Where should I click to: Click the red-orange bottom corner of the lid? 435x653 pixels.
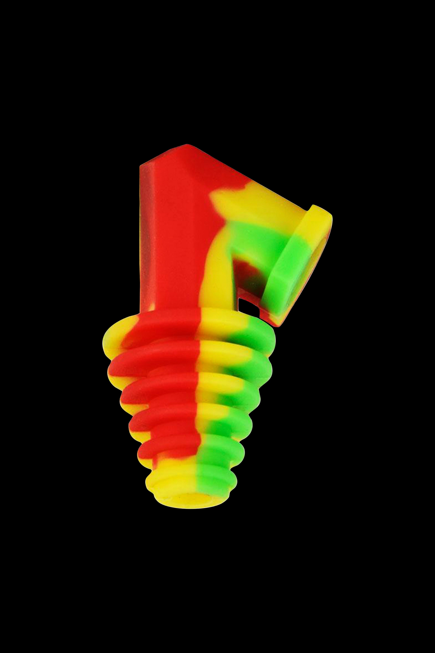pos(280,322)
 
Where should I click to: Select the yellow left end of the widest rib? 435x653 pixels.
pos(111,340)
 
